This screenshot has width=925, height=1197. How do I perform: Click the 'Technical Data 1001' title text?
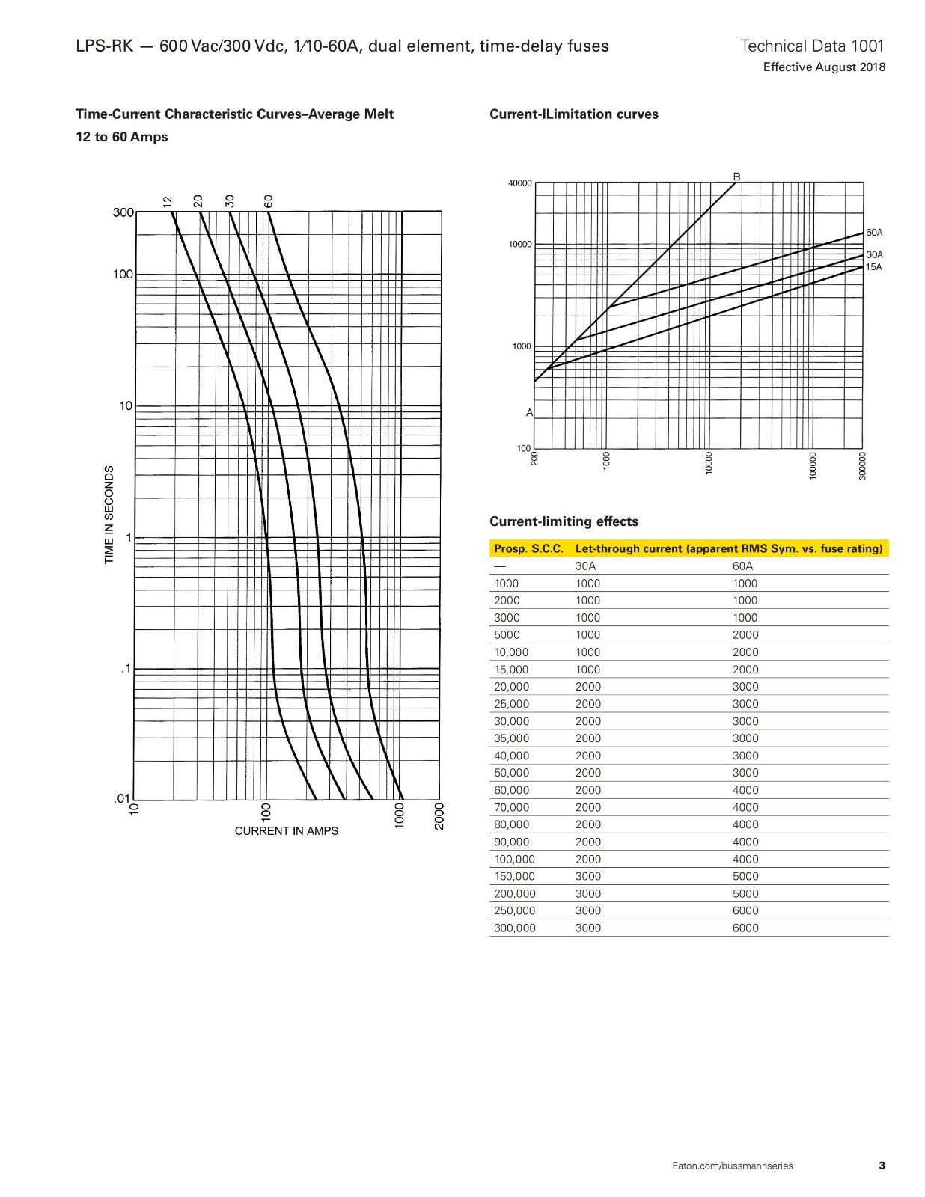[x=812, y=46]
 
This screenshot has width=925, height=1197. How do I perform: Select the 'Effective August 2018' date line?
[x=824, y=67]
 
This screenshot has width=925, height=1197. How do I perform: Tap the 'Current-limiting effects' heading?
[x=564, y=521]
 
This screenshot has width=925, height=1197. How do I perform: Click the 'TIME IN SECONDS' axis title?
[x=109, y=515]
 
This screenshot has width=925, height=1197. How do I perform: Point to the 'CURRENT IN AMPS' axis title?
[x=286, y=831]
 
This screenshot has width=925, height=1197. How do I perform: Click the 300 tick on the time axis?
[x=123, y=212]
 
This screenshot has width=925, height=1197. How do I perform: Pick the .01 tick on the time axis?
[x=122, y=799]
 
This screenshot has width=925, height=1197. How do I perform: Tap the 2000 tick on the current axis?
[x=439, y=815]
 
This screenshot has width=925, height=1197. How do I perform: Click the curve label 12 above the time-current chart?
[x=168, y=200]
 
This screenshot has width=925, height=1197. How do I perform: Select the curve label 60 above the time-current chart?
[x=269, y=200]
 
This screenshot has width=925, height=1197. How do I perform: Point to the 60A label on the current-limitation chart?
[x=874, y=233]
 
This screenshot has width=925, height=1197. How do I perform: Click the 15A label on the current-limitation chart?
[x=874, y=267]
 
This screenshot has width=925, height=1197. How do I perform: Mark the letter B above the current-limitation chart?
[x=736, y=177]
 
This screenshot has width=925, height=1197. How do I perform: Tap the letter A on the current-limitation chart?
[x=529, y=413]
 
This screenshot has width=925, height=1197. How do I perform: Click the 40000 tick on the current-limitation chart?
[x=520, y=183]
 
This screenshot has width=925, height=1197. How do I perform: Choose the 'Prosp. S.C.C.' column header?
[x=528, y=548]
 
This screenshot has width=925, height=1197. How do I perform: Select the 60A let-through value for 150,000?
[x=745, y=876]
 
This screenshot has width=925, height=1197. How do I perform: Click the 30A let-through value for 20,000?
[x=588, y=687]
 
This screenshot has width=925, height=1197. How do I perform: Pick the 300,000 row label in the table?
[x=515, y=928]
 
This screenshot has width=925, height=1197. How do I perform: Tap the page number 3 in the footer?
[x=882, y=1166]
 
